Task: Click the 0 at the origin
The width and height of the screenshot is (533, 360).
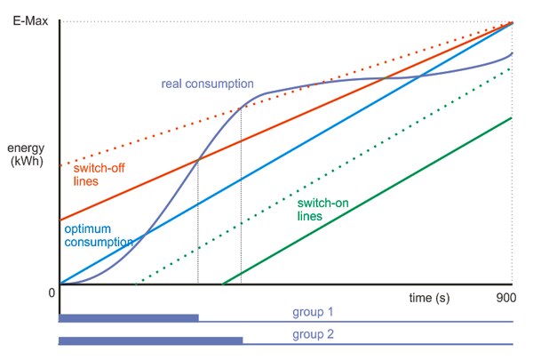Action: [x=52, y=292]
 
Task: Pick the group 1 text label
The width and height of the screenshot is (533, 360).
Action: [x=313, y=312]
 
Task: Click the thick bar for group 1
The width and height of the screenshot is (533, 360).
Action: [x=129, y=317]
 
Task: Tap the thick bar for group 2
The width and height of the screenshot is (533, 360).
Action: [x=150, y=340]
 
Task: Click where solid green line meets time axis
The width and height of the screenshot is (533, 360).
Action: [x=222, y=285]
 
